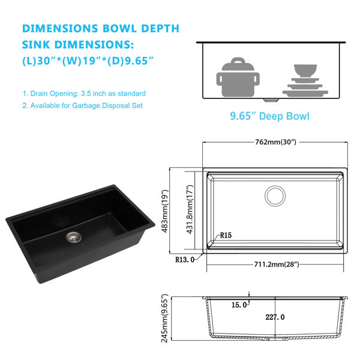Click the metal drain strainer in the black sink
[x=73, y=237]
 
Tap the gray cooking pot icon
[x=238, y=77]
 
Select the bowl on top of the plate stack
[x=305, y=71]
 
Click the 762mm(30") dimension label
[x=276, y=142]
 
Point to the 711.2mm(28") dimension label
[x=277, y=265]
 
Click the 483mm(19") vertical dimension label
[x=165, y=211]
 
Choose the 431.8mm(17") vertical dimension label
[x=190, y=209]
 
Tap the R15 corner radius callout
[x=226, y=235]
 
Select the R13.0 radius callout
[x=185, y=260]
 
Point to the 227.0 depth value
[x=275, y=317]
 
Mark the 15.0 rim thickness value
[x=239, y=305]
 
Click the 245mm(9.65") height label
[x=164, y=318]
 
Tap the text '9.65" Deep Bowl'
[x=270, y=116]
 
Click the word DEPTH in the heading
[x=160, y=28]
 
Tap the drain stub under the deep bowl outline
[x=271, y=100]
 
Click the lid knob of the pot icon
[x=238, y=61]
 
